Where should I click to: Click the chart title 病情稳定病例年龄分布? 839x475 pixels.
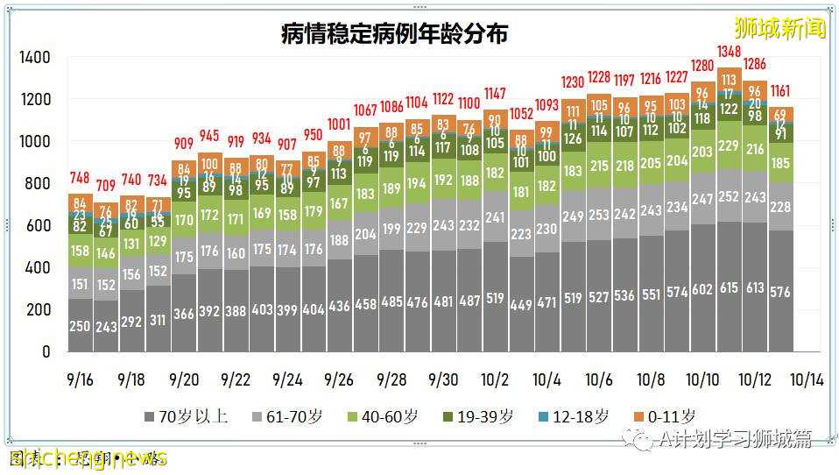click(x=394, y=34)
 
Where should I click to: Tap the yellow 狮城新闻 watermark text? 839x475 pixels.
click(x=779, y=28)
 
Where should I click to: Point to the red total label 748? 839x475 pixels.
click(x=80, y=178)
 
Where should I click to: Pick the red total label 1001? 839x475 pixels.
click(x=339, y=124)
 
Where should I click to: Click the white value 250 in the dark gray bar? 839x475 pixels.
click(x=80, y=327)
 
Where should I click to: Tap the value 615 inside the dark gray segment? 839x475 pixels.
click(x=729, y=289)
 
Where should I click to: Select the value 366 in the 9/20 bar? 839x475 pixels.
click(x=184, y=315)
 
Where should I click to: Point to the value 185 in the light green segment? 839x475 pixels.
click(x=780, y=163)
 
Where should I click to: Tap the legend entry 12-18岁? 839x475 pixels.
click(x=572, y=416)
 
